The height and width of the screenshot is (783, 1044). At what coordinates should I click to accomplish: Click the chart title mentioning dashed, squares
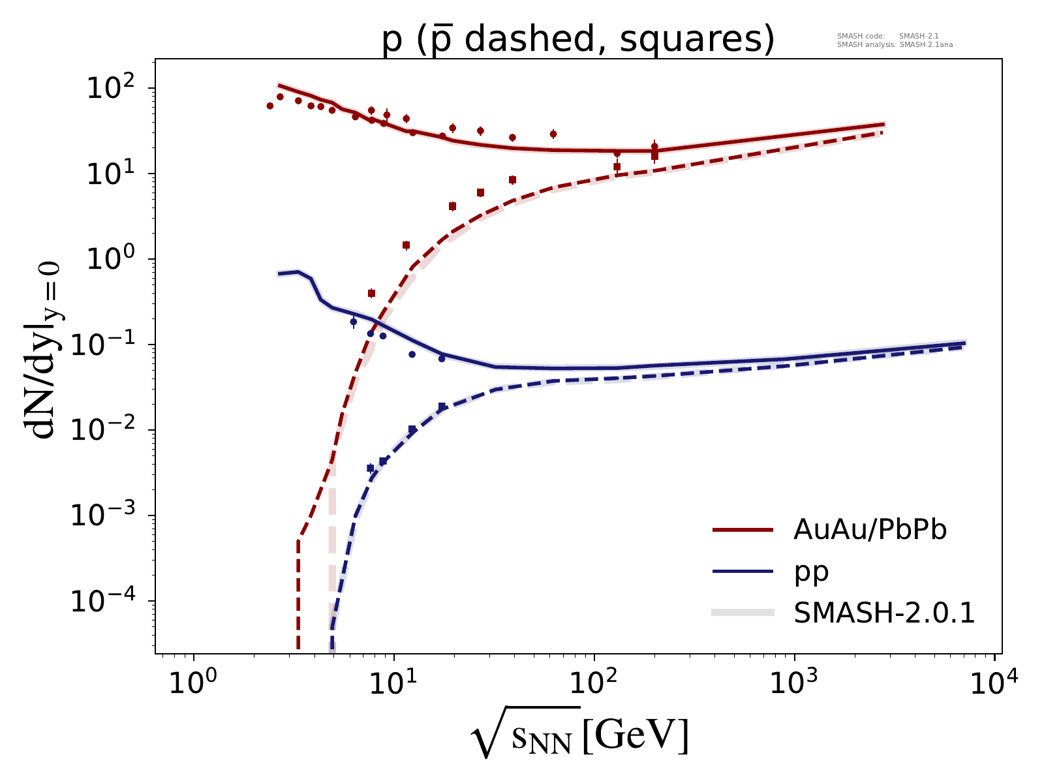[578, 40]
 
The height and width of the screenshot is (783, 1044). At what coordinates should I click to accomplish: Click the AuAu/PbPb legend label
[870, 530]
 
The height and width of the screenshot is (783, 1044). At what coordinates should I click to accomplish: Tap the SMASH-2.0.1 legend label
[884, 613]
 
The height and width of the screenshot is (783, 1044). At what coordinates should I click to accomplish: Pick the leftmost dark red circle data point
[270, 106]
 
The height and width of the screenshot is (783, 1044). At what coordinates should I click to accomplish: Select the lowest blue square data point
[371, 468]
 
